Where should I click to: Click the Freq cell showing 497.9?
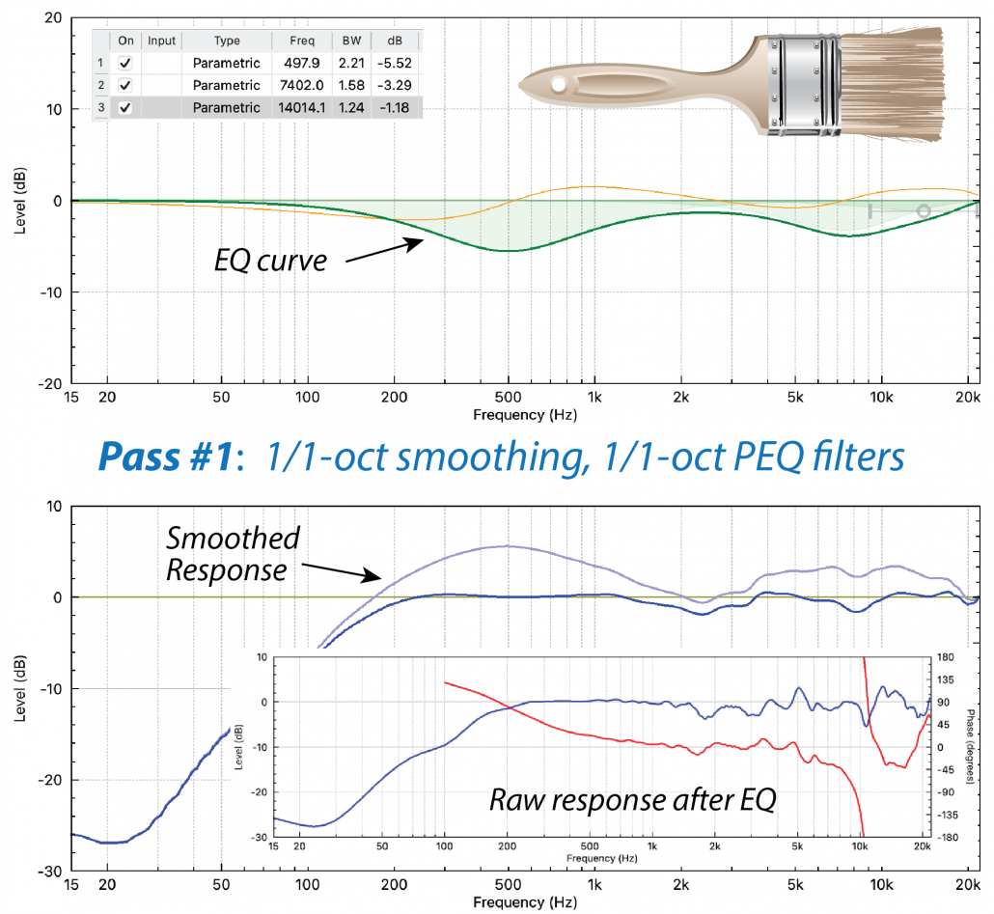[301, 63]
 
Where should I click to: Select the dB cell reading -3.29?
[393, 85]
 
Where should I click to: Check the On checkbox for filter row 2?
[124, 85]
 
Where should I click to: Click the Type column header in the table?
[226, 41]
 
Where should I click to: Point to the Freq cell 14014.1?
[301, 107]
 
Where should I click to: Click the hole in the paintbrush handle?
[558, 85]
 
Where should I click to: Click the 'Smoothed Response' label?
[232, 553]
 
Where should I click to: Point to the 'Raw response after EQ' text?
[632, 800]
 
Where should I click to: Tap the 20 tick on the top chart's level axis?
[52, 18]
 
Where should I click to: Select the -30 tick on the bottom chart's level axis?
[49, 871]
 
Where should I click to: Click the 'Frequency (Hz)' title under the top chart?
[520, 414]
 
